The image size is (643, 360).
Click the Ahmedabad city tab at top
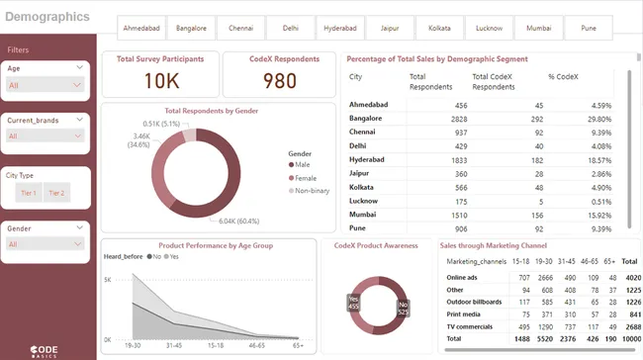(141, 29)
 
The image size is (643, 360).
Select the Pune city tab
(589, 29)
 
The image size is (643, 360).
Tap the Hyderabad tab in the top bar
(339, 29)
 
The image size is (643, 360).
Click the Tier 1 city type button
(28, 193)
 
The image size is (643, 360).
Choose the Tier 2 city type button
(56, 193)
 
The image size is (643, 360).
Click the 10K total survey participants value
(160, 80)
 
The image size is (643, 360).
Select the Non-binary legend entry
(311, 190)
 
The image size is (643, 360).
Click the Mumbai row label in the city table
(362, 213)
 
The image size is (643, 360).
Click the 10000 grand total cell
(629, 337)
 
